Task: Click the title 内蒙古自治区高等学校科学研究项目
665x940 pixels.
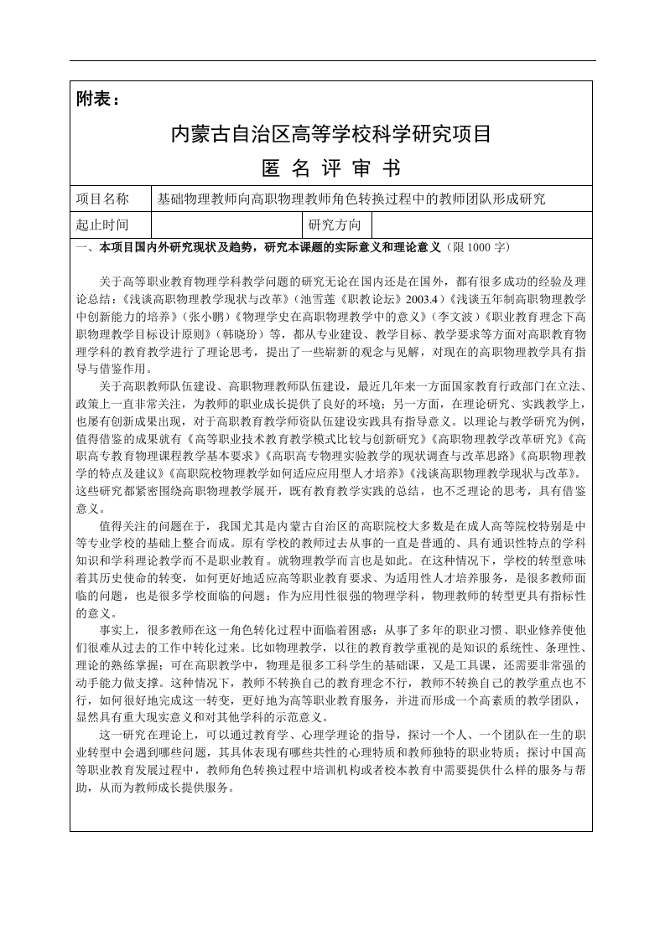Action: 330,134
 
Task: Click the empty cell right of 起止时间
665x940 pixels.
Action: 226,225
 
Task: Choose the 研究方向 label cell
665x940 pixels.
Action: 335,225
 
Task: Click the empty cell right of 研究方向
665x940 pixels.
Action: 481,225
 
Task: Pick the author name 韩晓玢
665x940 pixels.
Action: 238,329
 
